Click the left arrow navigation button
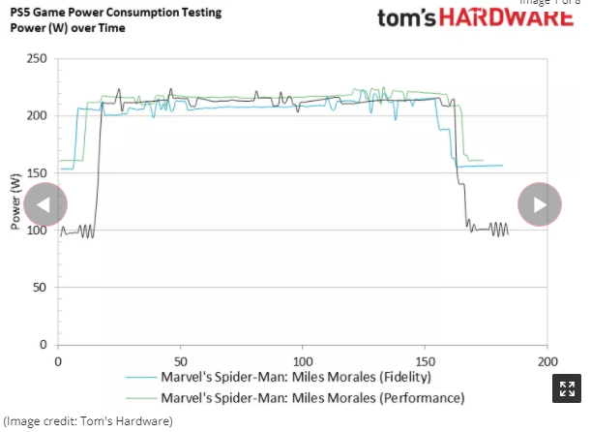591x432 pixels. pyautogui.click(x=45, y=204)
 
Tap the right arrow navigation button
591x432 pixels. pyautogui.click(x=540, y=204)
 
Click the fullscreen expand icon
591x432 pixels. pyautogui.click(x=566, y=389)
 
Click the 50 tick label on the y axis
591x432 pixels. pyautogui.click(x=40, y=288)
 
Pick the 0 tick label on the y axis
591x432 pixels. pyautogui.click(x=43, y=345)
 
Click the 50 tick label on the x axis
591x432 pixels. pyautogui.click(x=180, y=360)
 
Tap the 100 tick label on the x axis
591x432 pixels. pyautogui.click(x=303, y=360)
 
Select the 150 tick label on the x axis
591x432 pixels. pyautogui.click(x=425, y=360)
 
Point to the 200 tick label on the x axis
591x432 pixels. pyautogui.click(x=547, y=360)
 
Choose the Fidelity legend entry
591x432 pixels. pyautogui.click(x=296, y=377)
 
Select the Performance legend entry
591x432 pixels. pyautogui.click(x=312, y=397)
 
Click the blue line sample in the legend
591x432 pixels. pyautogui.click(x=141, y=378)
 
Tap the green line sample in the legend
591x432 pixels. pyautogui.click(x=141, y=398)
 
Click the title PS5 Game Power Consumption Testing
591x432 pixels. pyautogui.click(x=116, y=13)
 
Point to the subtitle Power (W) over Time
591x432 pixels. pyautogui.click(x=68, y=28)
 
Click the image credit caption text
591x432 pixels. pyautogui.click(x=88, y=421)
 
